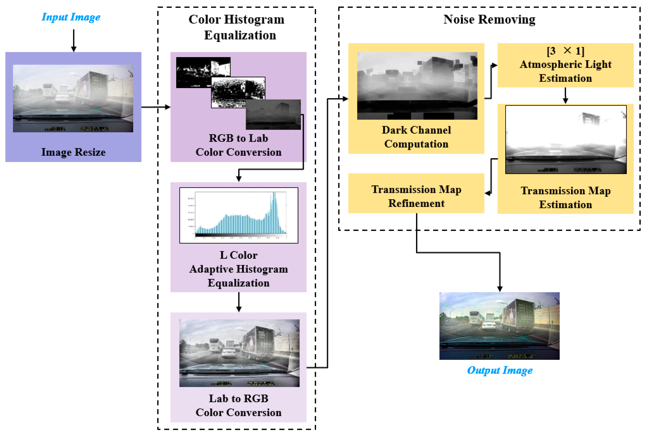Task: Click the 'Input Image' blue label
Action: pyautogui.click(x=71, y=17)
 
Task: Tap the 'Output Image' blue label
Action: pyautogui.click(x=500, y=370)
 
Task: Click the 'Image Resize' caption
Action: pyautogui.click(x=73, y=152)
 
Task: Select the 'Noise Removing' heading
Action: pyautogui.click(x=489, y=19)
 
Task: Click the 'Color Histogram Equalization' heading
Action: pyautogui.click(x=236, y=27)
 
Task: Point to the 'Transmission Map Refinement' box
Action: pyautogui.click(x=416, y=196)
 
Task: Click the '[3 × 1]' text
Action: pyautogui.click(x=565, y=51)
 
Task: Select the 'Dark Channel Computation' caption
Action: pyautogui.click(x=416, y=137)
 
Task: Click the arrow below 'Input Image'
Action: pyautogui.click(x=74, y=40)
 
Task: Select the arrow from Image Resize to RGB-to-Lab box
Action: pyautogui.click(x=156, y=107)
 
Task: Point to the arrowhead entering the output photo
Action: pyautogui.click(x=500, y=289)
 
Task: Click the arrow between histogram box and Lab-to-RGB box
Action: pyautogui.click(x=239, y=302)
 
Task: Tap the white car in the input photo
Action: pyautogui.click(x=63, y=98)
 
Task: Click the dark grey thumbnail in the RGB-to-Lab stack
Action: pyautogui.click(x=273, y=114)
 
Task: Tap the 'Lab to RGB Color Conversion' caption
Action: pyautogui.click(x=239, y=405)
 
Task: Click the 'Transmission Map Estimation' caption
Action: pyautogui.click(x=565, y=197)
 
